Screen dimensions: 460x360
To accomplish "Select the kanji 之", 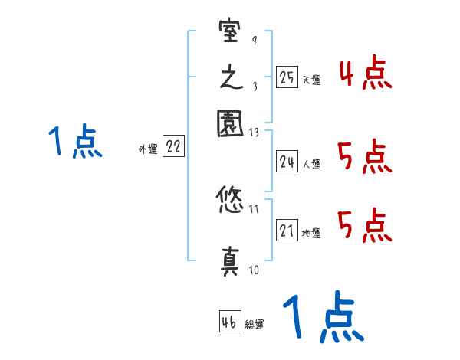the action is click(x=230, y=79).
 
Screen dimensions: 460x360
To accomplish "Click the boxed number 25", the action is click(x=287, y=77).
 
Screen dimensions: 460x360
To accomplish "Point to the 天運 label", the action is click(x=311, y=79).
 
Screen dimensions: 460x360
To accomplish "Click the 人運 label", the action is click(x=311, y=164).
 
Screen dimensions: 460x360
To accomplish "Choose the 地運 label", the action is click(x=311, y=233).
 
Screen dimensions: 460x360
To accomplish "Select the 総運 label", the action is click(x=255, y=324).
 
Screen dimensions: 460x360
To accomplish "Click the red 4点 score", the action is click(x=364, y=74).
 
